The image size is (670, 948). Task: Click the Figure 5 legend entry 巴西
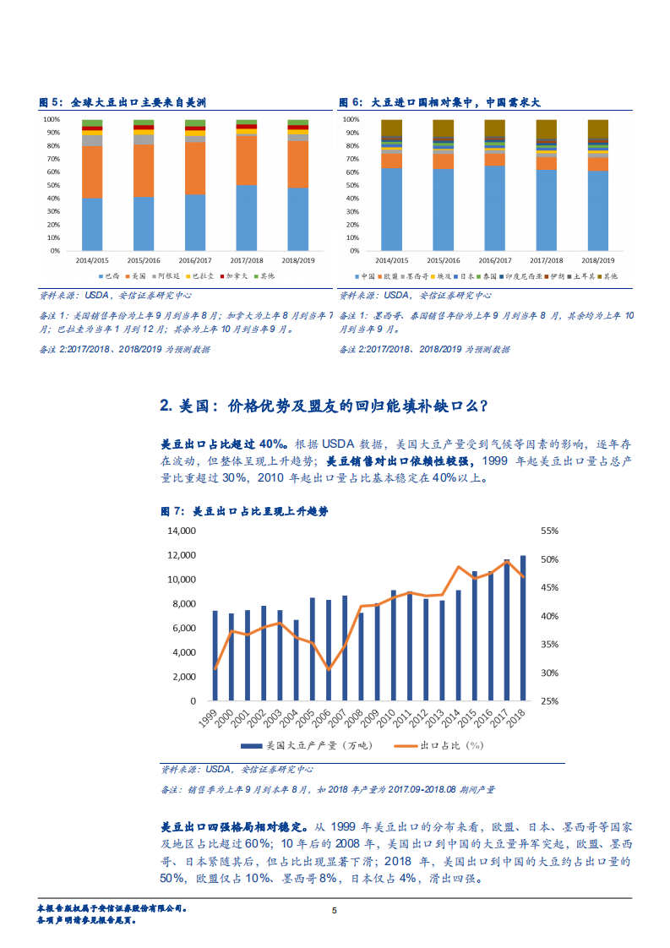[x=109, y=276]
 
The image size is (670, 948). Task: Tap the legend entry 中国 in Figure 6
[x=365, y=276]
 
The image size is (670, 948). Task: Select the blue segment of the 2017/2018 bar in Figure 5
[x=247, y=218]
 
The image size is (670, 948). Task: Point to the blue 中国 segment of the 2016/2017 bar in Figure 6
[x=495, y=208]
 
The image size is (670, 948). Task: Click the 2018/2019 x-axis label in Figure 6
[x=598, y=261]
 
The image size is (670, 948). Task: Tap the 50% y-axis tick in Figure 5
[x=52, y=185]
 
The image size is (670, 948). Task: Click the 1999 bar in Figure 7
[x=215, y=656]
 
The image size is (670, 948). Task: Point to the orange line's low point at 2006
[x=329, y=668]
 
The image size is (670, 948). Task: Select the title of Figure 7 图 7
[x=245, y=512]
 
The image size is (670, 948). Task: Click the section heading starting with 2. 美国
[x=324, y=406]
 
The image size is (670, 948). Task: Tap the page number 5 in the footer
[x=335, y=911]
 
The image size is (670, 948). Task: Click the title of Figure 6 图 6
[x=439, y=102]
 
